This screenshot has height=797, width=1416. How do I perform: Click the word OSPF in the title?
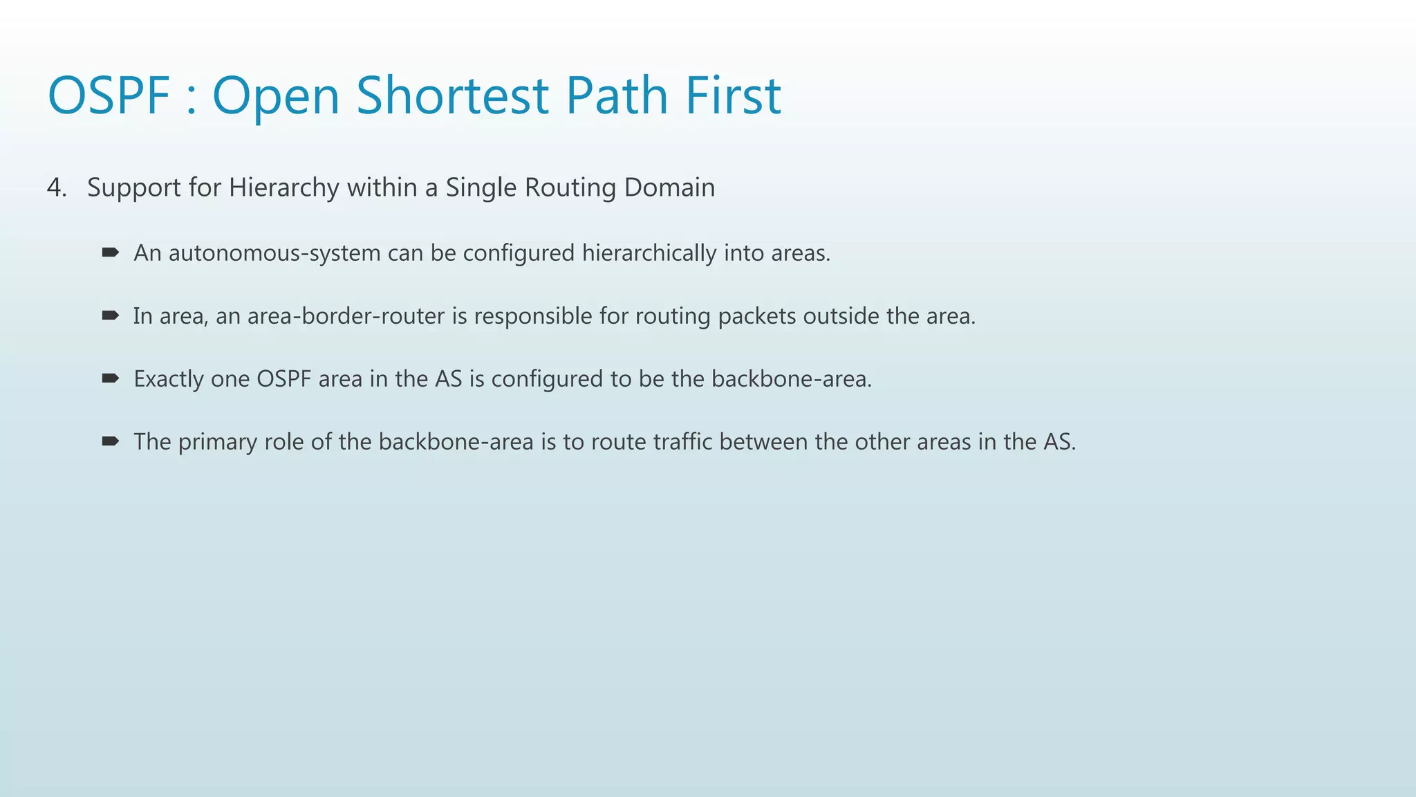pyautogui.click(x=109, y=95)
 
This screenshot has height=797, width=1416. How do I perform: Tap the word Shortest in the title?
pyautogui.click(x=453, y=95)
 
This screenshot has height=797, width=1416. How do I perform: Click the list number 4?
pyautogui.click(x=56, y=187)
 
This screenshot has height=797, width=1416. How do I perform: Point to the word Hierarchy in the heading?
pyautogui.click(x=284, y=187)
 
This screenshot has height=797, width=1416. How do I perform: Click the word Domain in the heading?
pyautogui.click(x=669, y=187)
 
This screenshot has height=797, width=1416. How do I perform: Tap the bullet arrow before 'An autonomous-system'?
pyautogui.click(x=110, y=253)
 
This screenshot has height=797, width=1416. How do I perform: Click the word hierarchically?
pyautogui.click(x=649, y=253)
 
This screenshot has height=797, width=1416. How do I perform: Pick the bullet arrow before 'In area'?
pyautogui.click(x=110, y=315)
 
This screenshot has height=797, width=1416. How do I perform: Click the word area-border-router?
pyautogui.click(x=346, y=316)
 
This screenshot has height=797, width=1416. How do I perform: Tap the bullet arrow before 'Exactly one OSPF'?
pyautogui.click(x=110, y=378)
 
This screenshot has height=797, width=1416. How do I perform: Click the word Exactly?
pyautogui.click(x=168, y=379)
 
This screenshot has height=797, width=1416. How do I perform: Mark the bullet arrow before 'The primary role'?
pyautogui.click(x=110, y=441)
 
